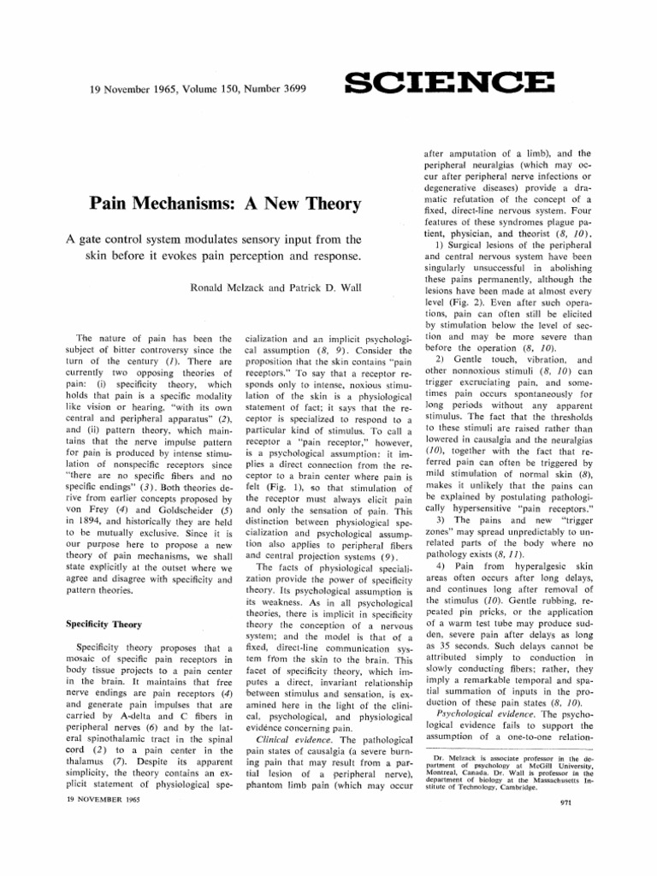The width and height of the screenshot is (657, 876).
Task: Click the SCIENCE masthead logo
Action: pyautogui.click(x=448, y=83)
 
